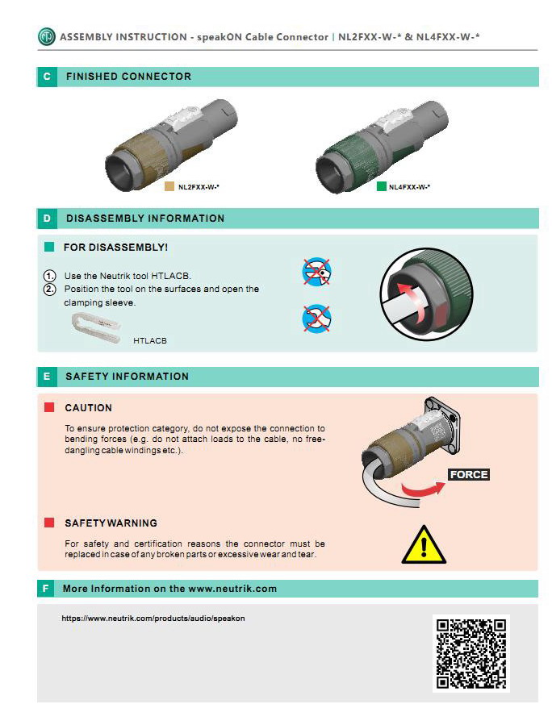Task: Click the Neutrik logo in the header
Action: (x=46, y=37)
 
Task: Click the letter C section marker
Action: (x=47, y=77)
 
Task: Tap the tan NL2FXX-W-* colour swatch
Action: (x=169, y=186)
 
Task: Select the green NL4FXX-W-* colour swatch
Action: (x=382, y=186)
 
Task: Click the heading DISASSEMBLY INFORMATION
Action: (x=145, y=219)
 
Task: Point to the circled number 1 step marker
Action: (x=49, y=276)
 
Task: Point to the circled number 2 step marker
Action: (x=49, y=290)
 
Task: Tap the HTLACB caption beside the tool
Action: (x=150, y=341)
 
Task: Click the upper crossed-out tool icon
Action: (x=316, y=272)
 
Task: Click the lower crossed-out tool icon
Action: (x=316, y=319)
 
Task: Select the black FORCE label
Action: (x=468, y=474)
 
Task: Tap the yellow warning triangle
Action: (x=424, y=544)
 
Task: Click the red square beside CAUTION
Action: (x=49, y=407)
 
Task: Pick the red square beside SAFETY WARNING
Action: (x=49, y=523)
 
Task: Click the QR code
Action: (x=471, y=654)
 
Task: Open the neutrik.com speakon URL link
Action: (x=153, y=619)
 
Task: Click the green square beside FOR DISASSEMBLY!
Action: (x=49, y=247)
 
